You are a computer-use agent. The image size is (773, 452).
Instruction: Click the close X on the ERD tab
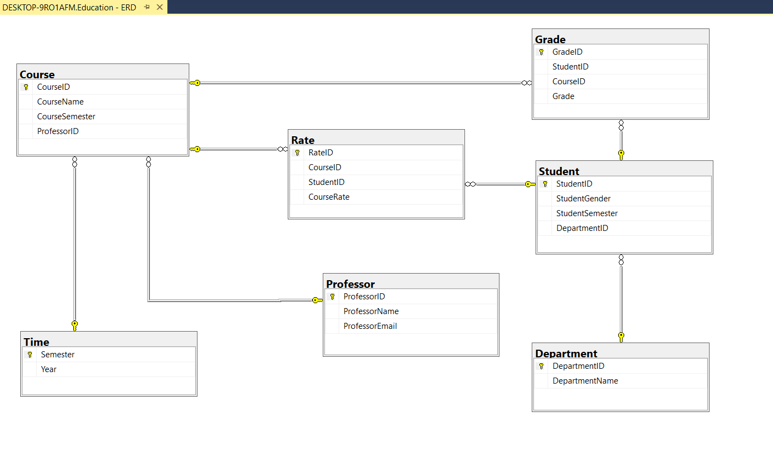coord(160,7)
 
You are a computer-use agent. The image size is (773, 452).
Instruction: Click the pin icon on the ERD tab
coord(147,7)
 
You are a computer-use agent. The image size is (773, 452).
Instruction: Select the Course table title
coord(37,74)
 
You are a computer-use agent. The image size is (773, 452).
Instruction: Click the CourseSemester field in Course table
coord(66,117)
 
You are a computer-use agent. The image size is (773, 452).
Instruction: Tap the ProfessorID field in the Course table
coord(58,131)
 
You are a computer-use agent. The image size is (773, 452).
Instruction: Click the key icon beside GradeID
coord(541,52)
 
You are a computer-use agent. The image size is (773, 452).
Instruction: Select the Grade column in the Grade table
coord(563,96)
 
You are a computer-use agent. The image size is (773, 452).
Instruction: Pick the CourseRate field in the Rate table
coord(329,197)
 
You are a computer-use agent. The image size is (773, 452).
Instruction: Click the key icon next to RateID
coord(297,153)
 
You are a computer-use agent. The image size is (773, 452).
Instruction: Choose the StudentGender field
coord(583,199)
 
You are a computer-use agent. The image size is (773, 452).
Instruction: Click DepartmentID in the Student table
coord(582,228)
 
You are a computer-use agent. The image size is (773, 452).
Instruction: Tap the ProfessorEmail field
coord(370,326)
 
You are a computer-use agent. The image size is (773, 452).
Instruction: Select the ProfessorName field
coord(371,311)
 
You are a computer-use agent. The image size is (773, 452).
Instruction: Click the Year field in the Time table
coord(49,369)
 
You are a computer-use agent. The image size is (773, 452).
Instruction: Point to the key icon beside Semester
coord(30,355)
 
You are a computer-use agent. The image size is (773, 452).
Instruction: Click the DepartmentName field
coord(585,381)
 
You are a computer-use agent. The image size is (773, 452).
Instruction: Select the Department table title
coord(566,354)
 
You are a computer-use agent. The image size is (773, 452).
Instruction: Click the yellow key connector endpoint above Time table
coord(74,326)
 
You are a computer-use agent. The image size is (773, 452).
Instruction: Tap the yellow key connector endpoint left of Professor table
coord(317,300)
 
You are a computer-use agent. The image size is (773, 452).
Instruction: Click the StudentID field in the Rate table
coord(326,182)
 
